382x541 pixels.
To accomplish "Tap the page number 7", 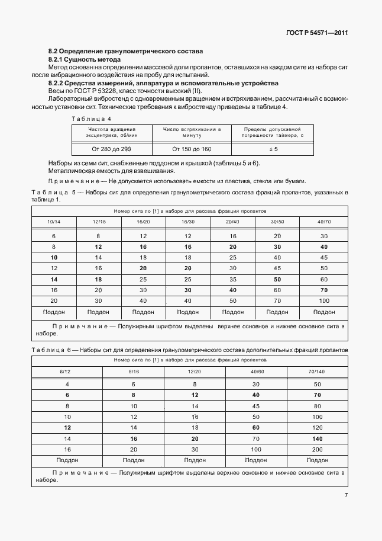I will pyautogui.click(x=346, y=495).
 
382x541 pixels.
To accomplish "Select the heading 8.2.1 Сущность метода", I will pyautogui.click(x=84, y=60).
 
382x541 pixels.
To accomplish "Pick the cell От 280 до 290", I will pyautogui.click(x=112, y=149).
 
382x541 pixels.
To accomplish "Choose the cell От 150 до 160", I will pyautogui.click(x=192, y=149).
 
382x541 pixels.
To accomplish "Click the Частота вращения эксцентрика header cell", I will pyautogui.click(x=112, y=132).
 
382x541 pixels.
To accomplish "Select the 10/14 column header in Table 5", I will pyautogui.click(x=54, y=221).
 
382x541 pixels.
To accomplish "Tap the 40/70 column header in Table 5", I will pyautogui.click(x=323, y=221).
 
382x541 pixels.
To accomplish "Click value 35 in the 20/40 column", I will pyautogui.click(x=233, y=278).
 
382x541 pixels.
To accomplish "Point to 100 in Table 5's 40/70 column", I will pyautogui.click(x=323, y=300).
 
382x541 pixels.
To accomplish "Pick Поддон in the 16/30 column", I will pyautogui.click(x=188, y=311).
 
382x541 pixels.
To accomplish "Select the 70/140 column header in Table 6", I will pyautogui.click(x=318, y=371).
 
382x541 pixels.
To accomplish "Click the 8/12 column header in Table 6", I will pyautogui.click(x=67, y=371).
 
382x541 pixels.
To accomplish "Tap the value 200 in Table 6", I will pyautogui.click(x=318, y=449).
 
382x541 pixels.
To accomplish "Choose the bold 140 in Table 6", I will pyautogui.click(x=318, y=438).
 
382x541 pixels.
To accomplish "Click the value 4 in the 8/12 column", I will pyautogui.click(x=67, y=384).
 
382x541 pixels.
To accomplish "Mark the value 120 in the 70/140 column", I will pyautogui.click(x=318, y=427).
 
